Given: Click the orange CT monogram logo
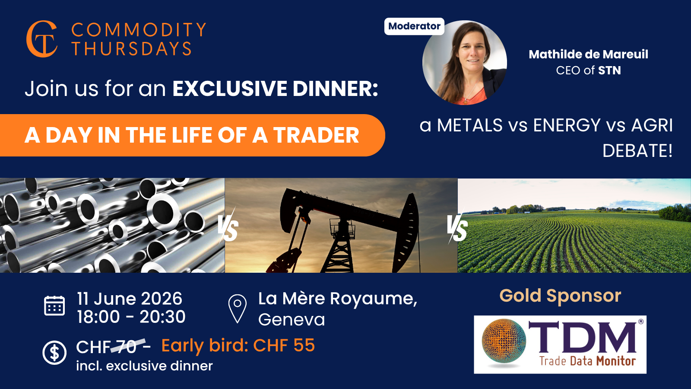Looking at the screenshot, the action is tap(42, 39).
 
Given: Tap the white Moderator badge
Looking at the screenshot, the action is tap(414, 26).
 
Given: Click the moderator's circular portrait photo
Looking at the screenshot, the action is tap(465, 63).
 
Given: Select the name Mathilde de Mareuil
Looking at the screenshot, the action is tap(588, 54).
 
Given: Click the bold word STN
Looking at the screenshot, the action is tap(609, 70).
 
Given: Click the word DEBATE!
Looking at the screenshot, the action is tap(637, 151).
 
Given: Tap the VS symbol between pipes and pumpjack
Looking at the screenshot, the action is tap(228, 227).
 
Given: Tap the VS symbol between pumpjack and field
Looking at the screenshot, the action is tap(457, 227).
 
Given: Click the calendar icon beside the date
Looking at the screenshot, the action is tap(54, 306).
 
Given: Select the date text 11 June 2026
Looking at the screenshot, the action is tap(130, 299).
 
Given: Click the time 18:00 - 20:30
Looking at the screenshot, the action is tap(131, 317).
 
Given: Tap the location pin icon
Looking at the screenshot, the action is tap(237, 309).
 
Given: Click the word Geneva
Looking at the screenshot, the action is tap(292, 319).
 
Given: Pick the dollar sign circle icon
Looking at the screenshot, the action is tap(54, 353).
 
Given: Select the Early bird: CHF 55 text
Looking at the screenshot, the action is tap(238, 345).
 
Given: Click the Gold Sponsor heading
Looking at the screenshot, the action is tap(560, 296).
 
